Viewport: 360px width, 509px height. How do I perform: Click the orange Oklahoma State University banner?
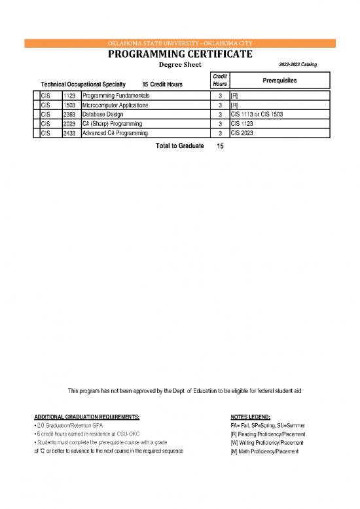pos(180,44)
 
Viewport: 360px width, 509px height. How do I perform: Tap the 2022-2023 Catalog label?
pos(298,64)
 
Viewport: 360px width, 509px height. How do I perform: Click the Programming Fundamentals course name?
pos(116,96)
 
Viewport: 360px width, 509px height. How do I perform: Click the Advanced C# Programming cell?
pos(115,133)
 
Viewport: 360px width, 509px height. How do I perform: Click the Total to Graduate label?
pos(179,145)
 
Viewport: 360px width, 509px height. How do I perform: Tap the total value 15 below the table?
pos(220,146)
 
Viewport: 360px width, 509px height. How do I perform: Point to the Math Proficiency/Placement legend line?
pos(265,451)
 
